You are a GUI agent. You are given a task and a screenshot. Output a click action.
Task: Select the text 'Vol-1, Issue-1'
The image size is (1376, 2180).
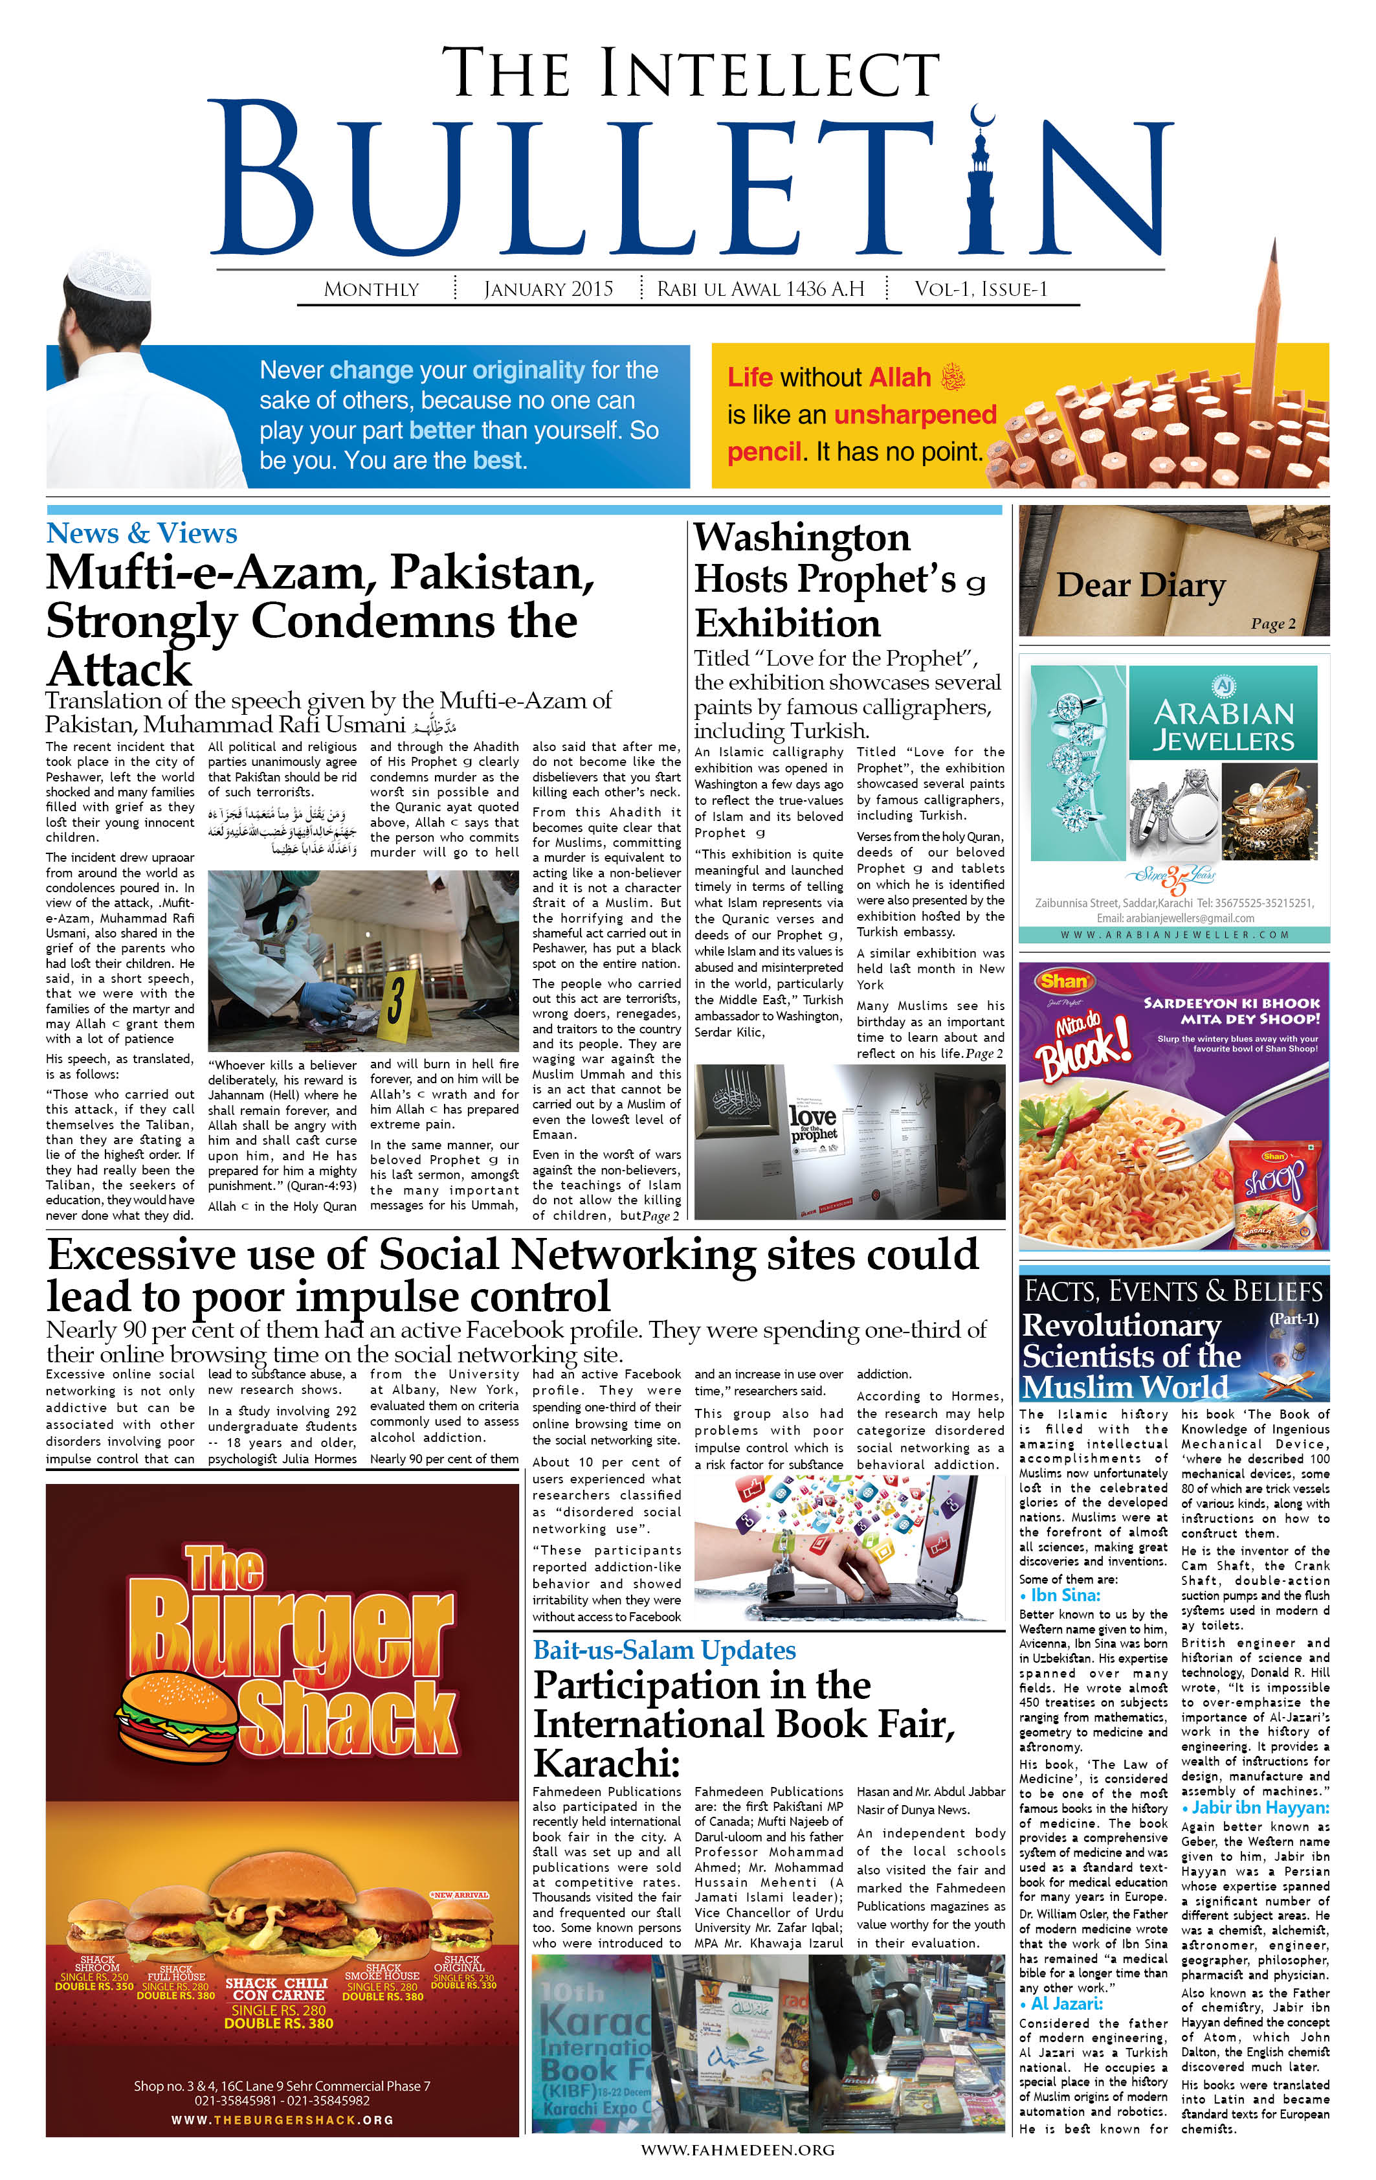pos(981,289)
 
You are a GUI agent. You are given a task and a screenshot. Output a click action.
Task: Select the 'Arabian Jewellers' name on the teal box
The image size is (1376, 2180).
pos(1223,726)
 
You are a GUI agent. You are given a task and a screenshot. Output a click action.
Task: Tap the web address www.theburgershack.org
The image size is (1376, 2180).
pos(282,2119)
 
